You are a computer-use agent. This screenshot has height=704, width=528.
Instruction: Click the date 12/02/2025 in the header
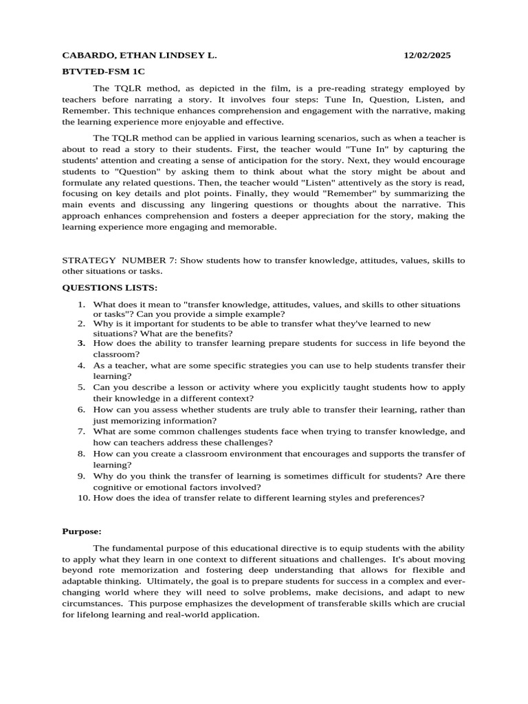coord(427,56)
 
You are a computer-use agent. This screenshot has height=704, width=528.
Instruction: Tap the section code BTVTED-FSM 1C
coord(104,71)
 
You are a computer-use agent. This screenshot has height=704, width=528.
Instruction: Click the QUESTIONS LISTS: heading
coord(110,287)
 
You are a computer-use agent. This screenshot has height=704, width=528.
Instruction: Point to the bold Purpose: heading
coord(82,531)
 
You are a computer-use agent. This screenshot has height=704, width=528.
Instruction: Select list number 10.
coord(83,498)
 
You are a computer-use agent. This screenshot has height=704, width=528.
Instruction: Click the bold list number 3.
coord(81,342)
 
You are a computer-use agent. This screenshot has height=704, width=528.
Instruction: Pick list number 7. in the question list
coord(81,432)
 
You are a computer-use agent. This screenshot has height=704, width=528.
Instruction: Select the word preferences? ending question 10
coord(399,498)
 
